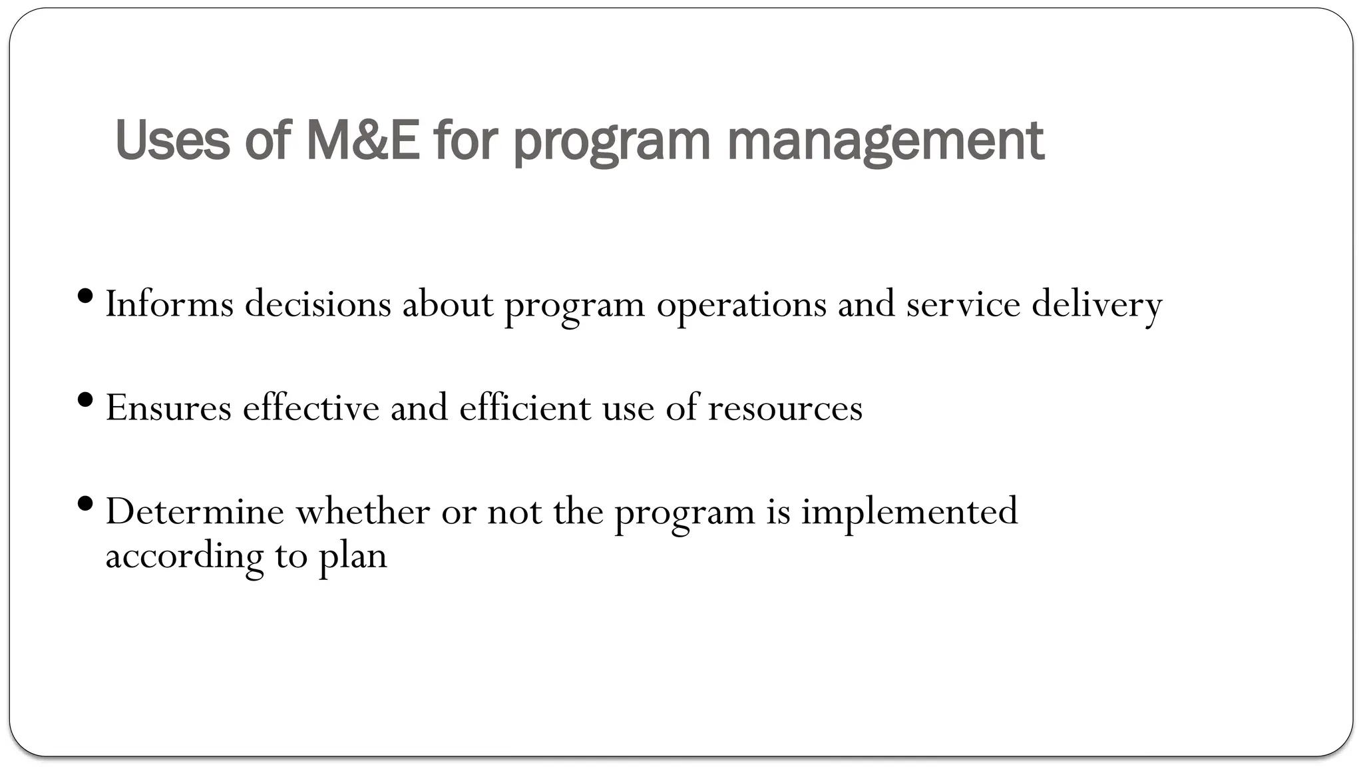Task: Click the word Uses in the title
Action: point(172,140)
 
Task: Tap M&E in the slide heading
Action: point(363,140)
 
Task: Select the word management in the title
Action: point(885,142)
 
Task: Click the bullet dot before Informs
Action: point(85,295)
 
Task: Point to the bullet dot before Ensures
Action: point(85,399)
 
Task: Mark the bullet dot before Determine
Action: point(85,503)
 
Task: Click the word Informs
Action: point(170,304)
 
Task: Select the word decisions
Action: point(317,304)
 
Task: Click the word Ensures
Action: point(168,407)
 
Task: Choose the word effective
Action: point(311,407)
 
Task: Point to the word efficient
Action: point(524,407)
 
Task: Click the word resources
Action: point(785,409)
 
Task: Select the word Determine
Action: point(194,511)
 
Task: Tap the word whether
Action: point(363,511)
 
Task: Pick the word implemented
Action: point(909,513)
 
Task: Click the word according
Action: point(184,557)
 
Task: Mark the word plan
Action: point(352,557)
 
